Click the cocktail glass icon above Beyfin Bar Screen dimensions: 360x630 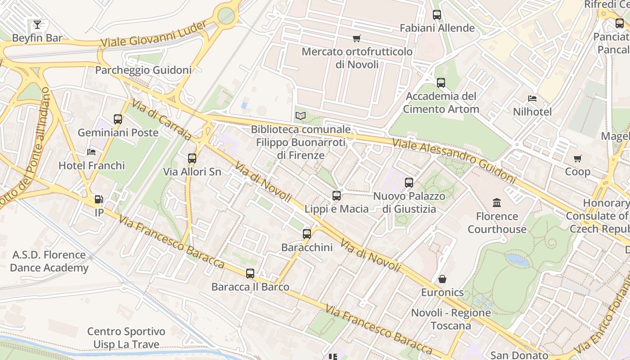coord(37,24)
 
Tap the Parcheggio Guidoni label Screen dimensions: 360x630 coord(143,70)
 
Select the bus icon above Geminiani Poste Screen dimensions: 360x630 coord(118,119)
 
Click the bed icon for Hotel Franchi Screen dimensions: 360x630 coord(92,152)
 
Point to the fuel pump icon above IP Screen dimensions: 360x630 coord(99,199)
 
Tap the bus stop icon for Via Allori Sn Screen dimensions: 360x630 coord(192,158)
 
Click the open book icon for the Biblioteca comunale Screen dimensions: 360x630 coord(301,116)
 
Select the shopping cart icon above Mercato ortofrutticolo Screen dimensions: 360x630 coord(357,38)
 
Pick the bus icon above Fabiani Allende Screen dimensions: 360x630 coord(437,15)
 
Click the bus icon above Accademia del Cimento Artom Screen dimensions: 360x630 coord(441,83)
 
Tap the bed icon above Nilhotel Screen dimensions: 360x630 coord(533,98)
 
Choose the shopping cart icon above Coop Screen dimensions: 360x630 coord(578,158)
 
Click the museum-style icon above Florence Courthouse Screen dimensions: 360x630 coord(497,203)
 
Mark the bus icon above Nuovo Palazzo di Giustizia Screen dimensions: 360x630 coord(409,183)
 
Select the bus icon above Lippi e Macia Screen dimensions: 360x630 coord(337,196)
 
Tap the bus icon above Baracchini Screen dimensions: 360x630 coord(307,234)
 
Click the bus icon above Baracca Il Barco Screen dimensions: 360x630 coord(250,274)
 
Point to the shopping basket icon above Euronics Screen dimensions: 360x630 coord(442,279)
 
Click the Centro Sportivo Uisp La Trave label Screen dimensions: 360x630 coord(126,338)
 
